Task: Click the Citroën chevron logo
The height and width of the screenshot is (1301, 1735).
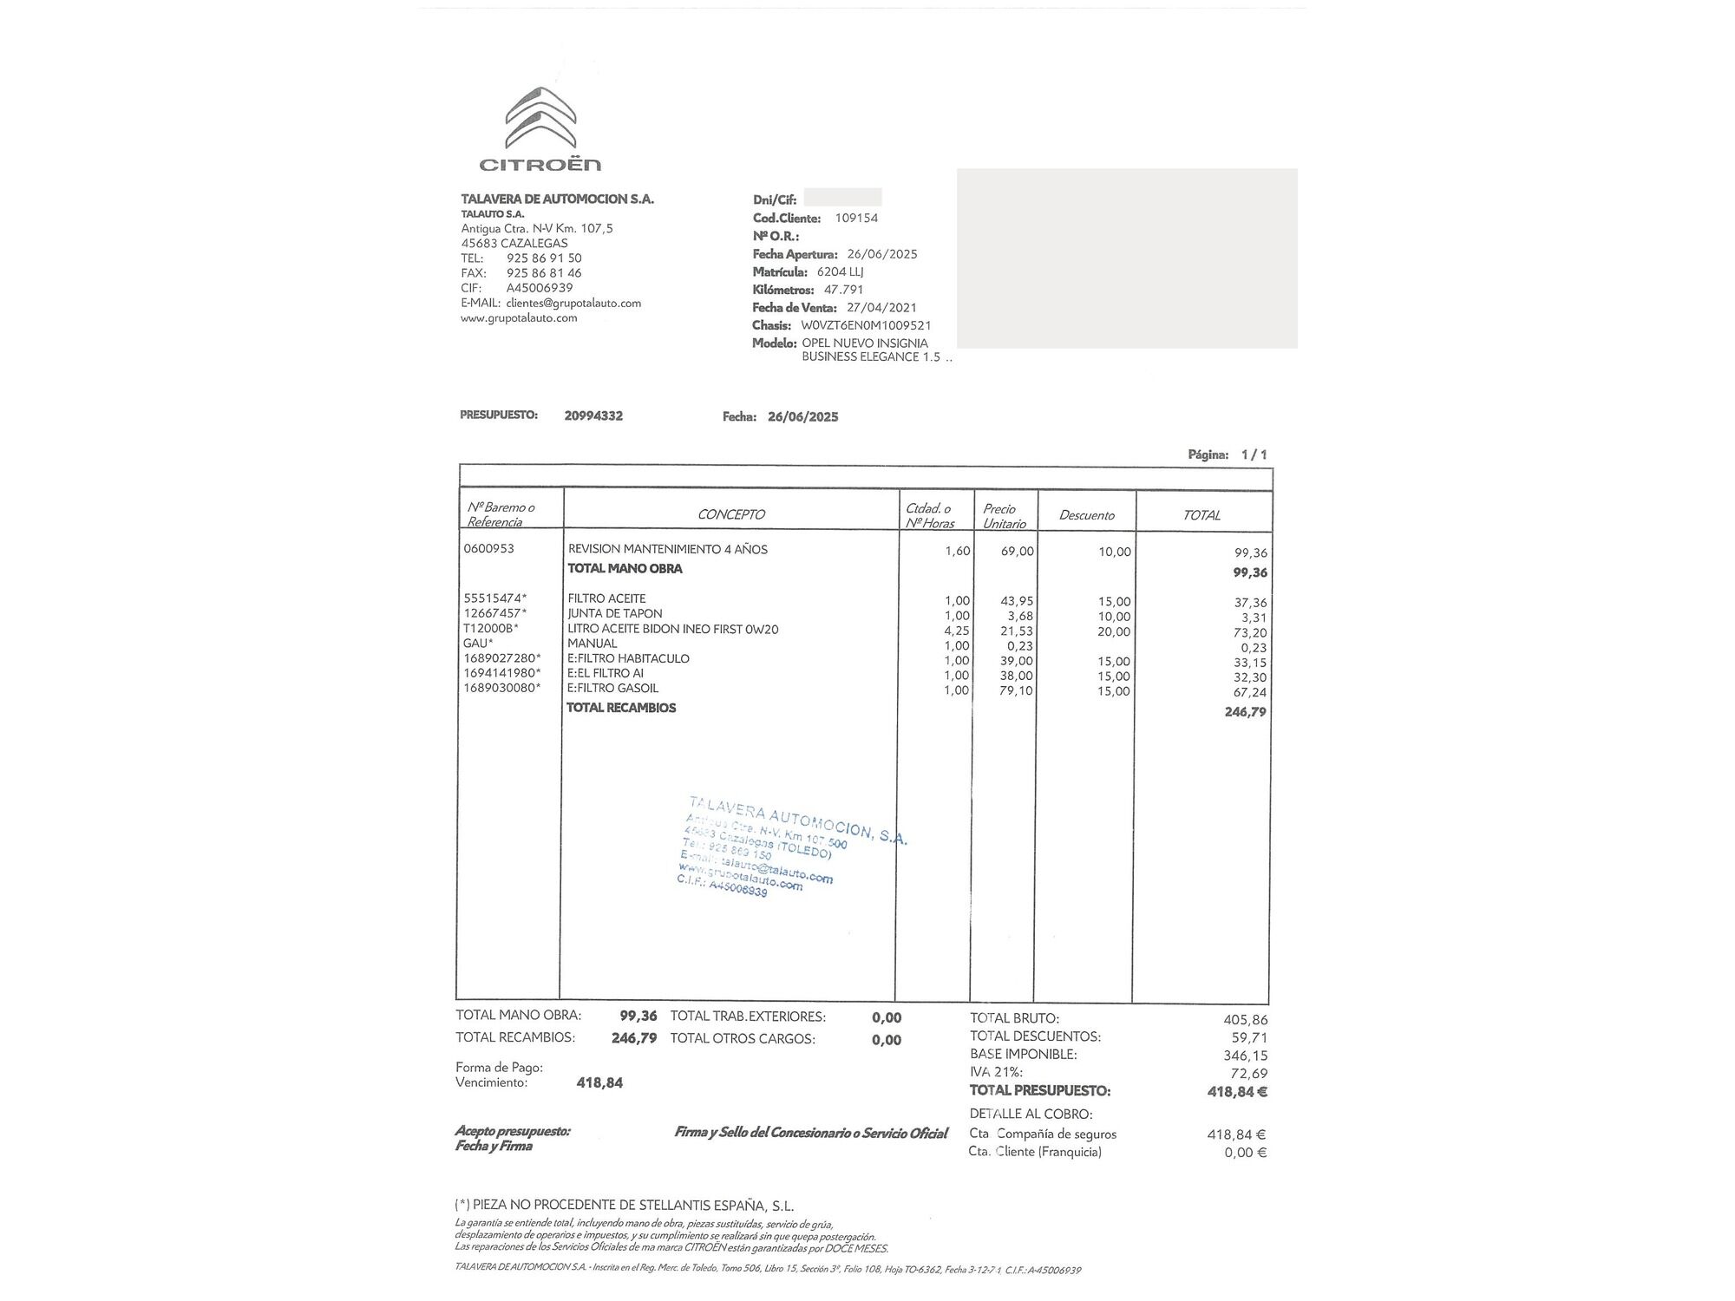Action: (540, 118)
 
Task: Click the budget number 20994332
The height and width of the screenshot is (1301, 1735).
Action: (593, 415)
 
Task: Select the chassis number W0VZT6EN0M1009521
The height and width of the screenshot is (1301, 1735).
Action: (866, 325)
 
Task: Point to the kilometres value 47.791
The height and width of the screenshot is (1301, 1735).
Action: (843, 290)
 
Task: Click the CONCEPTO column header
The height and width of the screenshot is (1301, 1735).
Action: (730, 514)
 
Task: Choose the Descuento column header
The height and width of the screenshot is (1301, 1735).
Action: (1086, 515)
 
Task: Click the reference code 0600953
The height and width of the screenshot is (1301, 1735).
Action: (488, 548)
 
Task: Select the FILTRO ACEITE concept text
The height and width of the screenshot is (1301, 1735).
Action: (606, 598)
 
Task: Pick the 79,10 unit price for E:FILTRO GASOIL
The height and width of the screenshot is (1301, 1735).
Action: (1016, 690)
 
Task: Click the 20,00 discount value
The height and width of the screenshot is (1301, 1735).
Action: (1115, 631)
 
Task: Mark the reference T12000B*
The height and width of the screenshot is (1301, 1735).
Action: (490, 629)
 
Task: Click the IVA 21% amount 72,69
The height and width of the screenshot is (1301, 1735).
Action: (1248, 1074)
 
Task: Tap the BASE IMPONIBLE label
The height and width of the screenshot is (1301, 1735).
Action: (1023, 1055)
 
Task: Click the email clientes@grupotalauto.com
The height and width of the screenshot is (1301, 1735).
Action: (573, 304)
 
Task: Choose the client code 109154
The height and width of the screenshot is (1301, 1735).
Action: (856, 218)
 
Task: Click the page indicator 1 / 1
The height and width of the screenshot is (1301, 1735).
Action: (1254, 454)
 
